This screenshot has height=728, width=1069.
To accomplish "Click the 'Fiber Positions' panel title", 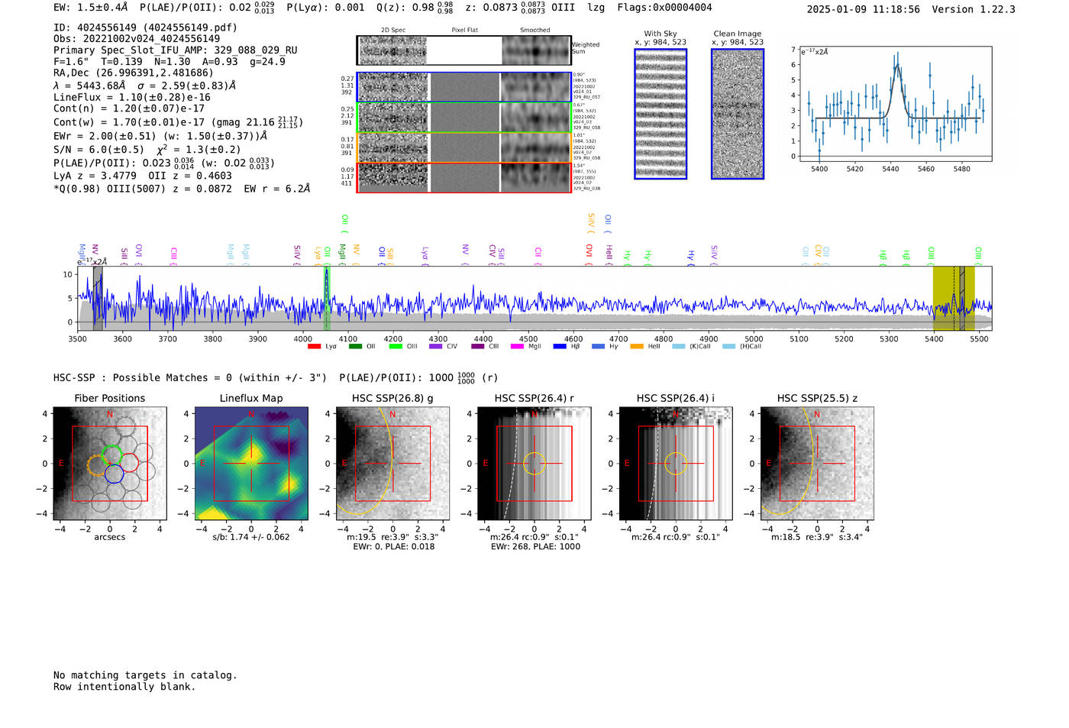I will click(x=109, y=398).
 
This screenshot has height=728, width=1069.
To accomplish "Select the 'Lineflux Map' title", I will click(x=250, y=398).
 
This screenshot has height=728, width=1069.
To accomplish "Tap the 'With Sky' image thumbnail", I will click(x=660, y=114).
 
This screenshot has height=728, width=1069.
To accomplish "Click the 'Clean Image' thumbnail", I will click(x=737, y=114).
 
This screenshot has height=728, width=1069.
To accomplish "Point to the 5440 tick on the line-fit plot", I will click(x=890, y=169).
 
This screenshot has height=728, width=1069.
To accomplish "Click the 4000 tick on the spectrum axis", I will click(x=303, y=338).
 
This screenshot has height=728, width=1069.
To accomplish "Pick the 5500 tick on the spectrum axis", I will click(x=979, y=338).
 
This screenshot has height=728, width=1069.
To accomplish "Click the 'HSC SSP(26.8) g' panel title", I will click(x=392, y=398).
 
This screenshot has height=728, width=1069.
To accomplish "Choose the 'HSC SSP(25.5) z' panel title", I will click(x=817, y=398).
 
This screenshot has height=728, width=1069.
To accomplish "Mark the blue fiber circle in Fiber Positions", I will click(x=115, y=474).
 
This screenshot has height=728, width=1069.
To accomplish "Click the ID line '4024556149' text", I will click(x=145, y=28).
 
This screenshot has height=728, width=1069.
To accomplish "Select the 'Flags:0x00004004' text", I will click(x=664, y=8).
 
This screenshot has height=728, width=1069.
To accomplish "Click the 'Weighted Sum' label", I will click(x=586, y=48).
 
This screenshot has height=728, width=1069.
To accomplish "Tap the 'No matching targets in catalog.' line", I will click(x=145, y=675).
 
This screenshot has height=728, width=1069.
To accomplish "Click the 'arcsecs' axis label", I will click(x=109, y=537).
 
